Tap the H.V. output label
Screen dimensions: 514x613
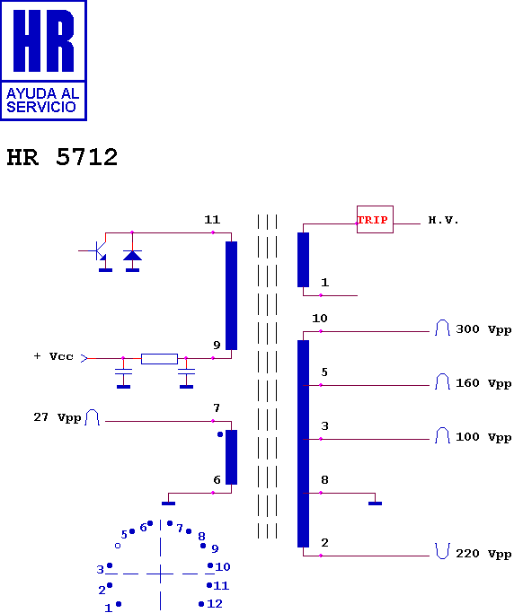point(443,220)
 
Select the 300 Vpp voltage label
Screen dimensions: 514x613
point(483,329)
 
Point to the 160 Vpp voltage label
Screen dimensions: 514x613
point(483,383)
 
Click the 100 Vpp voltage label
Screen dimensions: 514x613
point(483,437)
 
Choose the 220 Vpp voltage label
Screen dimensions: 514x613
point(483,554)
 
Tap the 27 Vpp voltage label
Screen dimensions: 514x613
point(58,417)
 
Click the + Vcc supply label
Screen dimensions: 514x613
point(54,356)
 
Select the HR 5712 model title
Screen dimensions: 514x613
point(62,157)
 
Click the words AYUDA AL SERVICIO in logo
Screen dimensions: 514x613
point(42,101)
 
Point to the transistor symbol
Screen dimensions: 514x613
point(98,252)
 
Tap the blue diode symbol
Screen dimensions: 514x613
point(132,255)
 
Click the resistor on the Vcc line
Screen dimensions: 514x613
point(159,358)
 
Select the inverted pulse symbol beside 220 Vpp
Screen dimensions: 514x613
point(442,551)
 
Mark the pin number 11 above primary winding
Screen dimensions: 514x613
point(212,220)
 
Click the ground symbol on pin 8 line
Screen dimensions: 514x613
point(375,504)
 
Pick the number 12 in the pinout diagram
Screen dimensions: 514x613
point(215,604)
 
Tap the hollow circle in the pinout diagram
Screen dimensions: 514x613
point(118,546)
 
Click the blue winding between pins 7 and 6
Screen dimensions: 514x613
point(231,457)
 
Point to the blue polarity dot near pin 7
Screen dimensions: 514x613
point(220,434)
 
